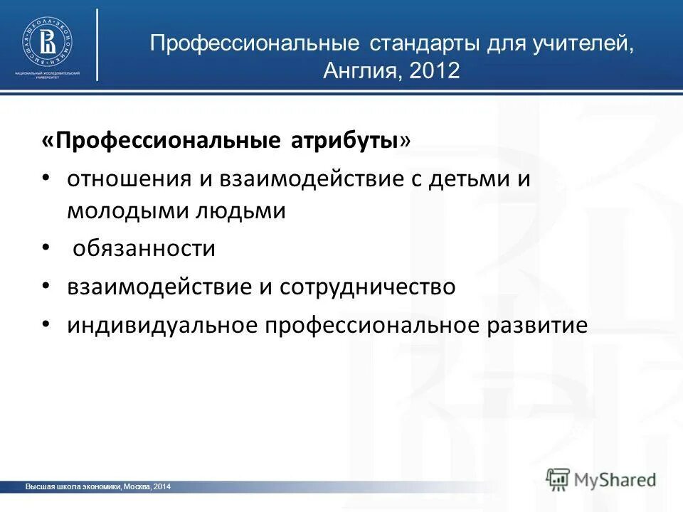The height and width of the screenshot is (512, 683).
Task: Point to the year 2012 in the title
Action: point(435,70)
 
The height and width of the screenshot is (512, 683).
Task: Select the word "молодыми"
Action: point(124,211)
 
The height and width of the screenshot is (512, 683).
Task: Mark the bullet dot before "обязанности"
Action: point(46,247)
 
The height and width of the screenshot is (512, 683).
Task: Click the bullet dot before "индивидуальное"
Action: point(46,324)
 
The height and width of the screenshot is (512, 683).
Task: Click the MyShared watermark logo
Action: point(602,479)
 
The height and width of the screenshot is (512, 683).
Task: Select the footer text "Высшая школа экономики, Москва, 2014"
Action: point(98,486)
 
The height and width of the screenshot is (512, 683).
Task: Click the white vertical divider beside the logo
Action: point(97,44)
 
